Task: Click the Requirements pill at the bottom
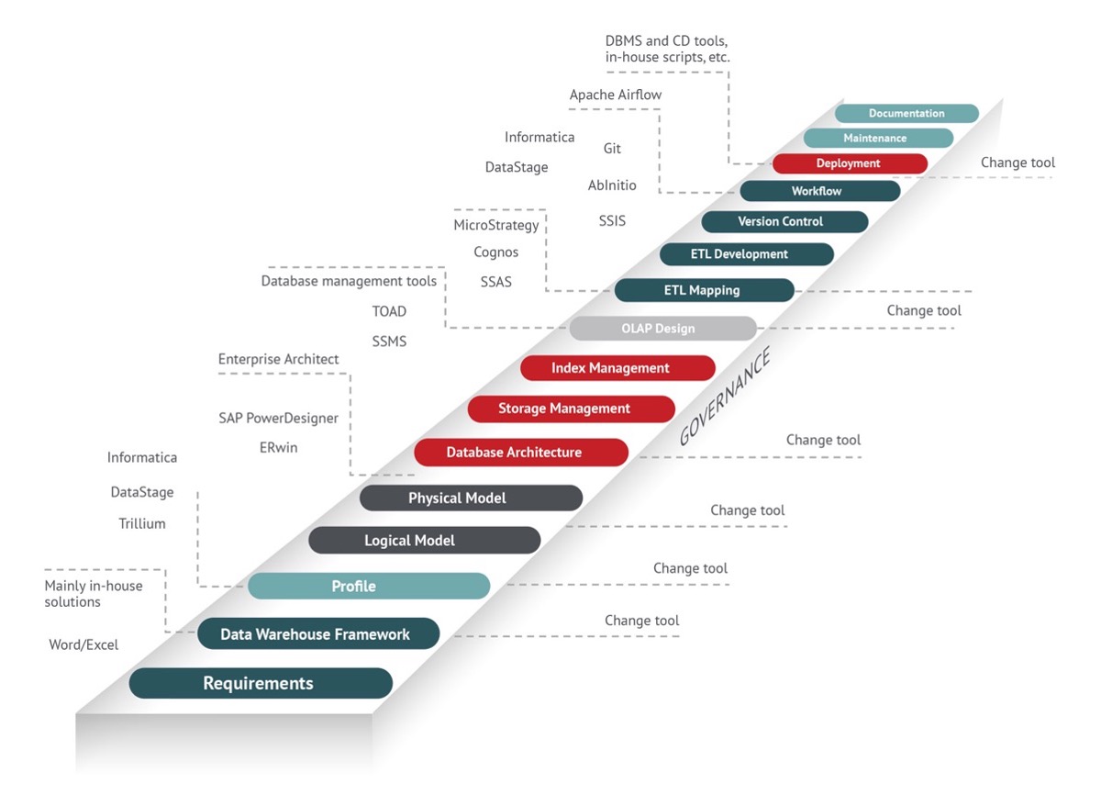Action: [261, 683]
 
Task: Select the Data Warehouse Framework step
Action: [318, 633]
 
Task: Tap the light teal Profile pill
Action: [369, 586]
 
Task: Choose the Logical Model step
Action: [425, 540]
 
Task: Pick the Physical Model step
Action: [471, 498]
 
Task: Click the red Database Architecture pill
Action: [521, 452]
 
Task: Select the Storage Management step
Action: [571, 409]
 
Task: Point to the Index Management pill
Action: [617, 368]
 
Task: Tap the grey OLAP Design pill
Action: [663, 328]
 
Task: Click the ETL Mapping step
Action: [705, 290]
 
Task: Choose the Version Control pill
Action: [784, 222]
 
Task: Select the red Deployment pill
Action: [850, 163]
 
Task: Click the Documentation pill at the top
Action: [906, 113]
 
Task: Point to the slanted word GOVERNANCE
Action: [724, 396]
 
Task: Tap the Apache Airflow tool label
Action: [616, 95]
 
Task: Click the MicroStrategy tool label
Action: [496, 225]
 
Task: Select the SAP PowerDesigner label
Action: [278, 418]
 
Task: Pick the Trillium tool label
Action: [142, 523]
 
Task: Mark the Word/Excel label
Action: [83, 644]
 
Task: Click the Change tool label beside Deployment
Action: [1018, 162]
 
